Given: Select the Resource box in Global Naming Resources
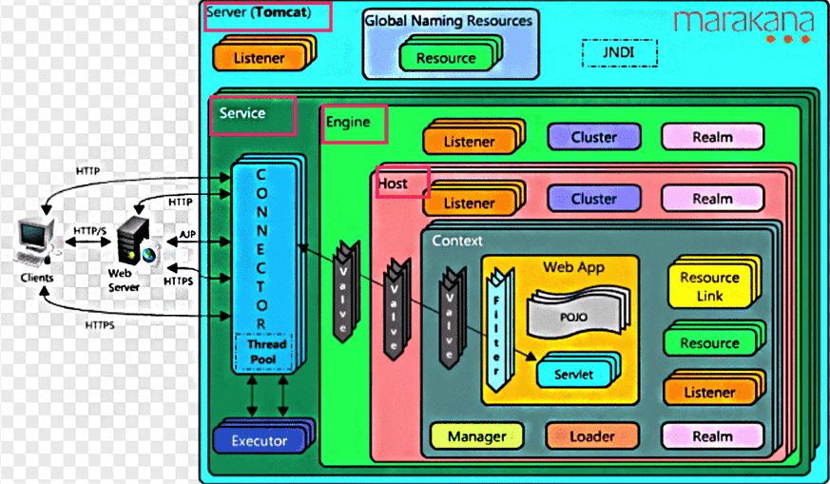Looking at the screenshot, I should point(445,57).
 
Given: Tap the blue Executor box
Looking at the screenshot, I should point(259,441).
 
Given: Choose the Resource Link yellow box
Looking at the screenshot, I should point(709,286).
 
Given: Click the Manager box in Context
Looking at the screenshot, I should point(476,436).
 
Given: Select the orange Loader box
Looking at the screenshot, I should point(590,436).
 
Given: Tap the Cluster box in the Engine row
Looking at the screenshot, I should point(593,137).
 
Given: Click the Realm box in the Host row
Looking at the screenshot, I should point(712,199).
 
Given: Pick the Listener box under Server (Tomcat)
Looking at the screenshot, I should point(259,58).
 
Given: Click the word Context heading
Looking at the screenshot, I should point(457,241).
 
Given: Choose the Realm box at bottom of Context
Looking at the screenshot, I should point(712,436).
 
